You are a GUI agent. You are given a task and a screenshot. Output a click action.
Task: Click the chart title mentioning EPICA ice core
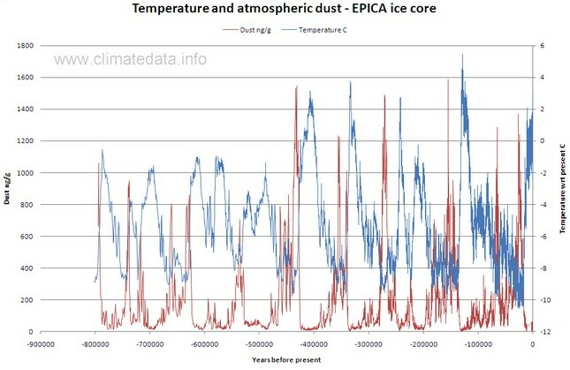coord(285,10)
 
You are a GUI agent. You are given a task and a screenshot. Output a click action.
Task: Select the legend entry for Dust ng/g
coord(255,30)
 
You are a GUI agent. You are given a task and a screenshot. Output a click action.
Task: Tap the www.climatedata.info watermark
coord(132,60)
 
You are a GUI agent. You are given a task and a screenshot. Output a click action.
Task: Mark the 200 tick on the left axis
coord(25,300)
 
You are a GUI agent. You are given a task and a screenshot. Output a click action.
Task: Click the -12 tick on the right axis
coord(546,332)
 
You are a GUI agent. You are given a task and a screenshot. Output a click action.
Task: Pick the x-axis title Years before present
coord(285,360)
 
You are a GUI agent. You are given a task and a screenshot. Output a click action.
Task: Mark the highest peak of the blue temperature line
coord(462,55)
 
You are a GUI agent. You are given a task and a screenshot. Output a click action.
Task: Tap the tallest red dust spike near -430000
coord(296,87)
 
